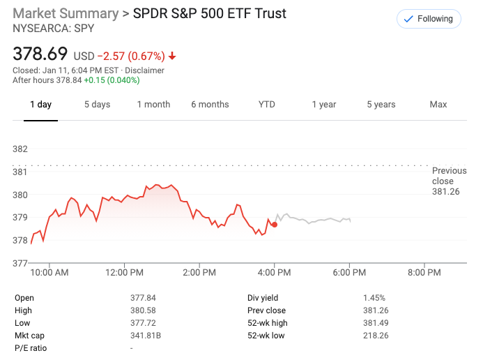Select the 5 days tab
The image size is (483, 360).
click(x=97, y=105)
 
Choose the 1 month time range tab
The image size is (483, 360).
click(x=153, y=105)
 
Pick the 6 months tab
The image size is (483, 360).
click(x=210, y=105)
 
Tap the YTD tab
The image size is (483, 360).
click(x=267, y=105)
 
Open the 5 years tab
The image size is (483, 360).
click(x=381, y=105)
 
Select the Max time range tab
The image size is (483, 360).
click(x=438, y=105)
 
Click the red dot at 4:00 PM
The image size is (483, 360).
click(x=275, y=224)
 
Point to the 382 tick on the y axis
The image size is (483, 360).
click(x=20, y=149)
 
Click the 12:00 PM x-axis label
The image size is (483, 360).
click(x=125, y=272)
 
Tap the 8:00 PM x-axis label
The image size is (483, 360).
click(x=424, y=272)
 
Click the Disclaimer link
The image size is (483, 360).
click(x=145, y=70)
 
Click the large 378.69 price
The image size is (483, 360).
click(x=40, y=54)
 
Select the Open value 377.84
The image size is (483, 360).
click(x=143, y=297)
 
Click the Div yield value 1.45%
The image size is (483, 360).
click(x=374, y=297)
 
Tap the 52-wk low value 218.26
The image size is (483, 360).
click(x=376, y=335)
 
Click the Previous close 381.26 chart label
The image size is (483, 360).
click(x=446, y=181)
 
